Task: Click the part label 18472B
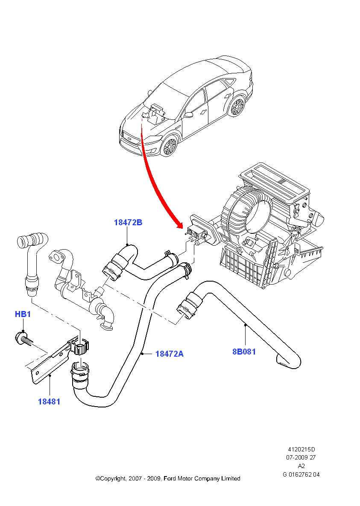click(x=128, y=222)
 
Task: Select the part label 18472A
click(x=169, y=354)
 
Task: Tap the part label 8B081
click(x=244, y=352)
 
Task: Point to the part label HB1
click(x=23, y=314)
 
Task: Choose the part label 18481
click(x=49, y=401)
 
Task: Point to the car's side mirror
click(x=188, y=115)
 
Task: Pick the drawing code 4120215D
click(x=301, y=449)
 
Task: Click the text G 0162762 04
click(x=301, y=474)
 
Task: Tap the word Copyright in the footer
click(x=113, y=479)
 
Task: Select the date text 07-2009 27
click(x=301, y=458)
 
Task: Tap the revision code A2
click(x=301, y=466)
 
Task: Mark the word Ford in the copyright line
click(x=170, y=479)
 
